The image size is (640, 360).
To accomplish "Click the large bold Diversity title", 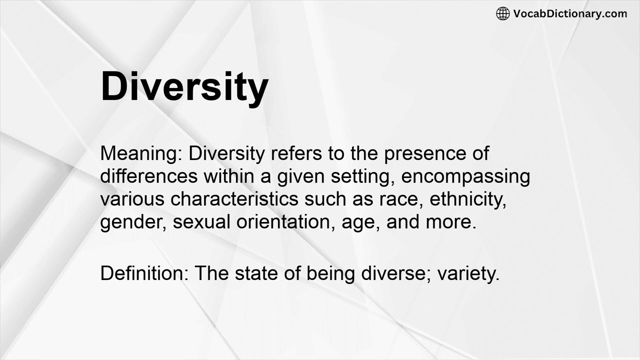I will click(184, 86).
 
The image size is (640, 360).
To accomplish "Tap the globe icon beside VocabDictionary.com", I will click(502, 13).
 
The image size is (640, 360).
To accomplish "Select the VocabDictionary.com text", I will click(570, 13).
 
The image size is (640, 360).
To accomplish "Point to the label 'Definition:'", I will click(144, 273).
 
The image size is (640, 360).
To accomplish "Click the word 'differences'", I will click(147, 176).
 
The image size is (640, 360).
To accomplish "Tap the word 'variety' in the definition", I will click(468, 273).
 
